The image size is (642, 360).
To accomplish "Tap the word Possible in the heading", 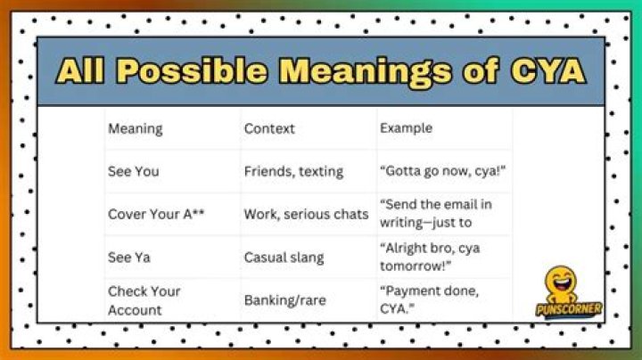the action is click(x=192, y=70).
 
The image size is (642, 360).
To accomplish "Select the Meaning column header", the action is click(x=136, y=129).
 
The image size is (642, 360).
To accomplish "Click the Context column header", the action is click(x=269, y=129).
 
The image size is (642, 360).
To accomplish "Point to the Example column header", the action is click(x=406, y=128).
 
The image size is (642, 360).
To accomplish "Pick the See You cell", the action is click(x=134, y=171).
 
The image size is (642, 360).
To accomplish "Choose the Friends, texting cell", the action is click(x=293, y=171).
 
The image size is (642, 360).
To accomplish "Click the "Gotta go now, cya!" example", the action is click(x=442, y=170).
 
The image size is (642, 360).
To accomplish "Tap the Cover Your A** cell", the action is click(x=156, y=214).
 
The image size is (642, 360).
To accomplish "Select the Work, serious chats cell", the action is click(x=306, y=215).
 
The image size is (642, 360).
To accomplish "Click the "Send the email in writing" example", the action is click(x=436, y=213).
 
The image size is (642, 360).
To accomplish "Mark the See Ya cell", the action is click(x=129, y=258).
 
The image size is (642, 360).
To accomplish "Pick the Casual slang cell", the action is click(x=284, y=258).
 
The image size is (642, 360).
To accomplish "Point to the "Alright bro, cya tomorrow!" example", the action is click(x=430, y=257).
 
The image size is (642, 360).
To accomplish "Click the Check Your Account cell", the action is click(x=144, y=300).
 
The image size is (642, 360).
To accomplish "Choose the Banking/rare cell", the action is click(x=285, y=300).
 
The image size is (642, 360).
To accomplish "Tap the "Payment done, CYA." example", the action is click(x=429, y=299).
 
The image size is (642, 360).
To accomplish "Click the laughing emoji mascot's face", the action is click(x=561, y=280).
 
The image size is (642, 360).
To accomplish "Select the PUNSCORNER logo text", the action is click(x=569, y=309).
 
